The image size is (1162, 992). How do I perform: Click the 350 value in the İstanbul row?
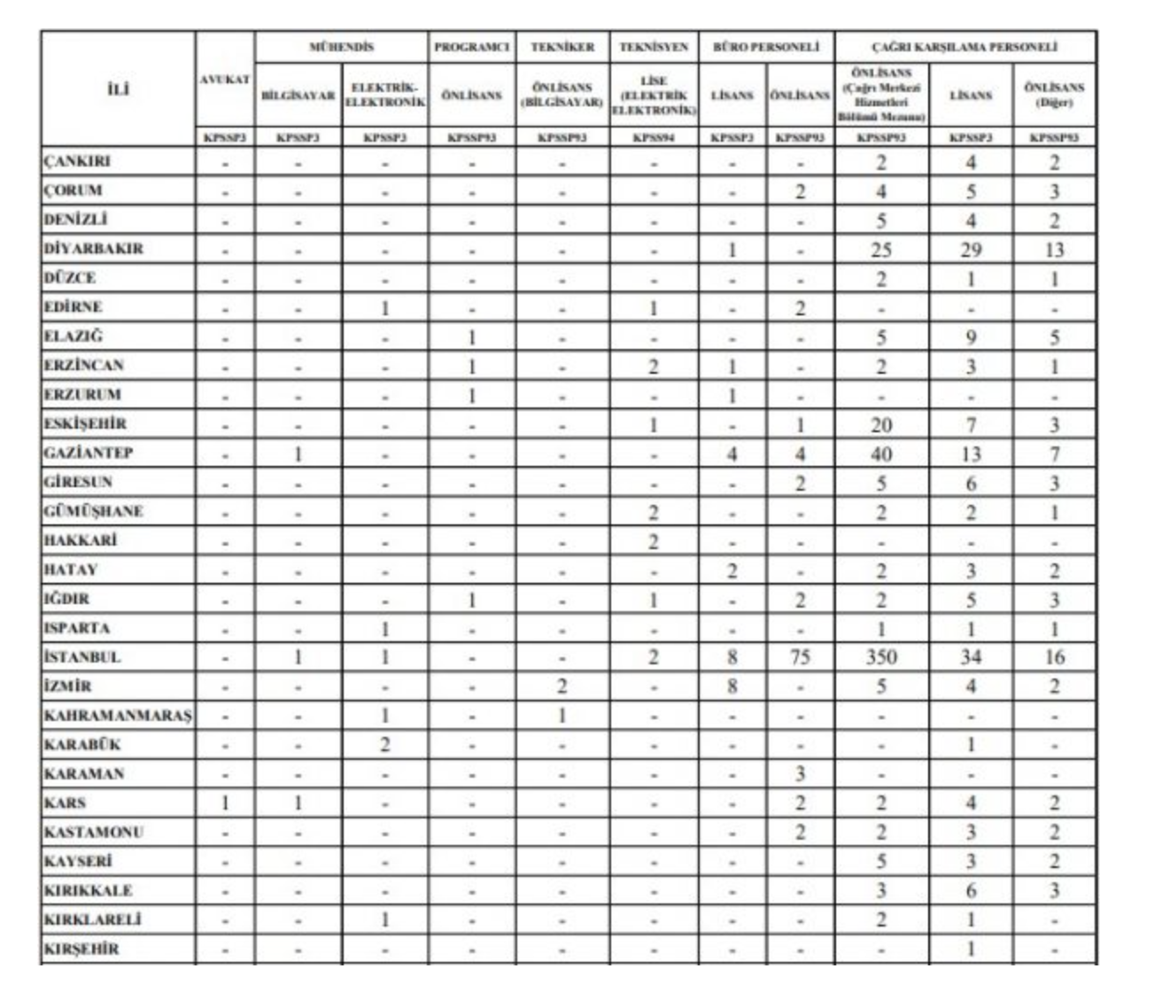(880, 657)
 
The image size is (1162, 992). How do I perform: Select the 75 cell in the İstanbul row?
(799, 657)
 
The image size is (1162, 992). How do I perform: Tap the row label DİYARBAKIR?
(93, 249)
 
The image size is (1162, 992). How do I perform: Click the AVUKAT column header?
(225, 80)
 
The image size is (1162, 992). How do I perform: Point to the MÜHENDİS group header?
(341, 47)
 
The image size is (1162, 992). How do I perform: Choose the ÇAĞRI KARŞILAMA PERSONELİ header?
(964, 47)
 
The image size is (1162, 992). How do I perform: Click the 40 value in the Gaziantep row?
(880, 453)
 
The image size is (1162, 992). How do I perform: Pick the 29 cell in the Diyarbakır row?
(971, 250)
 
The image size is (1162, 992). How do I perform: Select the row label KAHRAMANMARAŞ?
(117, 716)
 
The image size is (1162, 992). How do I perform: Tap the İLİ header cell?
(117, 89)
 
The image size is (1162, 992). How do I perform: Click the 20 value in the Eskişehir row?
(880, 424)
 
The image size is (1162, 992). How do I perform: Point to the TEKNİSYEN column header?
(653, 47)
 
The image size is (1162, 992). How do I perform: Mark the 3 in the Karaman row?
(799, 774)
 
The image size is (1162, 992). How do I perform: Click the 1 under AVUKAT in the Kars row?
(225, 803)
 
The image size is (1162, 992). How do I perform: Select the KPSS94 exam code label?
(653, 137)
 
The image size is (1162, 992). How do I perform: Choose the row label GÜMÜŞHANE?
(93, 511)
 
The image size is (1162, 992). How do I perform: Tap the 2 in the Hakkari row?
(653, 541)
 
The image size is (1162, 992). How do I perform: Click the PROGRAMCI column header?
(471, 47)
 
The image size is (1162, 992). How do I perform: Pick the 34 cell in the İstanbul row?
(971, 657)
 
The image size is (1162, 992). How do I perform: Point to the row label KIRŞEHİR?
(81, 949)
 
